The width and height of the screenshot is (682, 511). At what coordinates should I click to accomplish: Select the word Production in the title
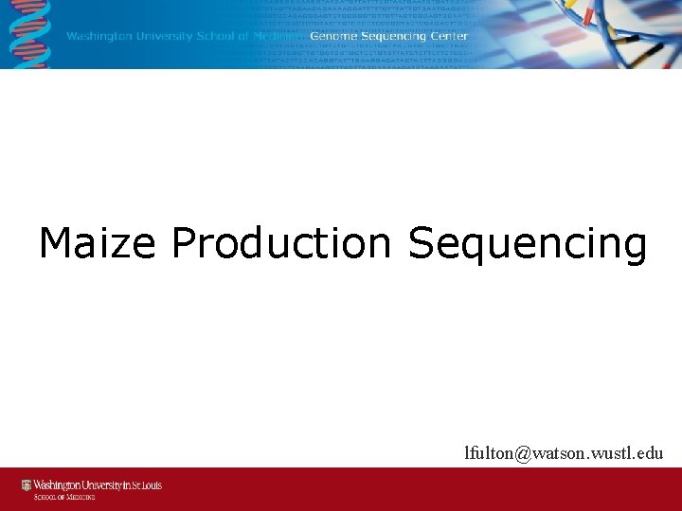280,243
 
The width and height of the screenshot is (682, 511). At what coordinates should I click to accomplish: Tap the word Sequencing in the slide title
528,245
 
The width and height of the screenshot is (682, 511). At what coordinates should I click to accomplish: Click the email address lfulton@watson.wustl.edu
564,453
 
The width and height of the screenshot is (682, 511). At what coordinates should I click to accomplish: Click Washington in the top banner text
103,37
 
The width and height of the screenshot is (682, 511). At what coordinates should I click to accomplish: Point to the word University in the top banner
167,37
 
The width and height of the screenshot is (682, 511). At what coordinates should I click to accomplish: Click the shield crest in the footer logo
27,485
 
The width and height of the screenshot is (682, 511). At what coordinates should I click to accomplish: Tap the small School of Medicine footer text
60,496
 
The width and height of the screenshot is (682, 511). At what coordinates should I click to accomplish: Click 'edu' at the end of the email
650,453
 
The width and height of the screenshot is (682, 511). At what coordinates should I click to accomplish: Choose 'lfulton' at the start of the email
489,453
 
